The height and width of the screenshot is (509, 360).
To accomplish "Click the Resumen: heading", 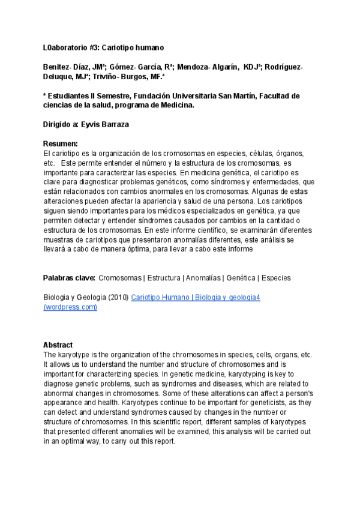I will (61, 144).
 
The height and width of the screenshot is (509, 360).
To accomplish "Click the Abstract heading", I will (58, 345).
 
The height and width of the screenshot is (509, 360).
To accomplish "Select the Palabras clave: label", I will (69, 278).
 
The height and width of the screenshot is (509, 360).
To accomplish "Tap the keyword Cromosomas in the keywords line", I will (119, 278).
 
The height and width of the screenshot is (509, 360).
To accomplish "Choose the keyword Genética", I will (241, 278).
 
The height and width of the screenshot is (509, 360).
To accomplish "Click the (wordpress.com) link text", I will (70, 307).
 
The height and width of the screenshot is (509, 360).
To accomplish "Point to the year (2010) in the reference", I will (118, 298).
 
